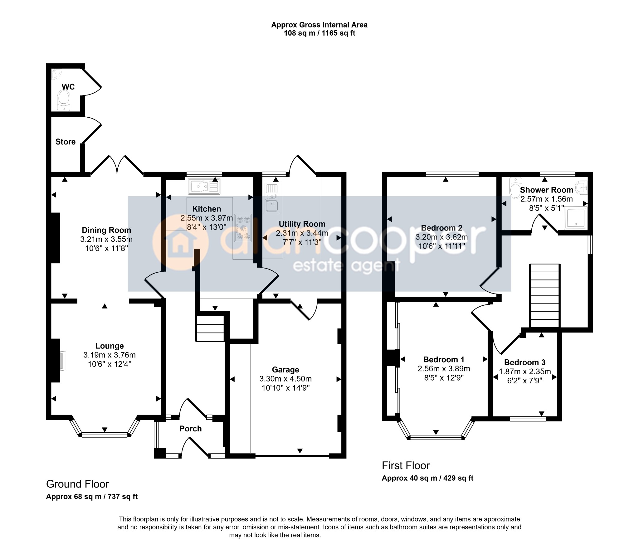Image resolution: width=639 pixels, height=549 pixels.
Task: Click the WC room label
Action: (68, 87)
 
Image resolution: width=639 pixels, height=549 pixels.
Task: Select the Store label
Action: (66, 142)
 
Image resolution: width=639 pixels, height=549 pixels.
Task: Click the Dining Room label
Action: (106, 230)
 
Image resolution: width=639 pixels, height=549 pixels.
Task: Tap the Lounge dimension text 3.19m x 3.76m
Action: (110, 355)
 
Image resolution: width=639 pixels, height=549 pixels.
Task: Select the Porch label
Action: (191, 429)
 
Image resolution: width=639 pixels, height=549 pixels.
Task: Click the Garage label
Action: (285, 370)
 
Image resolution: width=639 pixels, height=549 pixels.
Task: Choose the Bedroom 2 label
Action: (442, 228)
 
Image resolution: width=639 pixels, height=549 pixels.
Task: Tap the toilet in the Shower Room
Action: (515, 187)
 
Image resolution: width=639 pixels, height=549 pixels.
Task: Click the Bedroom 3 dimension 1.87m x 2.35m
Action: (525, 372)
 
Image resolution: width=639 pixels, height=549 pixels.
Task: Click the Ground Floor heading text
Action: (78, 484)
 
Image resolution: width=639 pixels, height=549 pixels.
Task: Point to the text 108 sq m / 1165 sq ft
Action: (319, 33)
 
